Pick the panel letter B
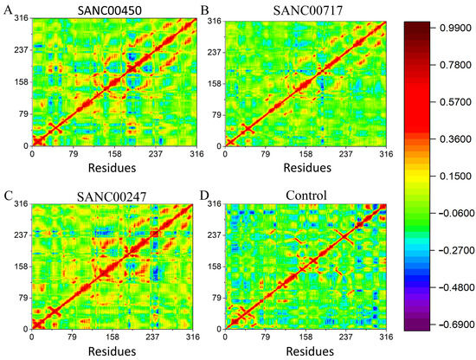coord(205,9)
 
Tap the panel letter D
coord(205,195)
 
